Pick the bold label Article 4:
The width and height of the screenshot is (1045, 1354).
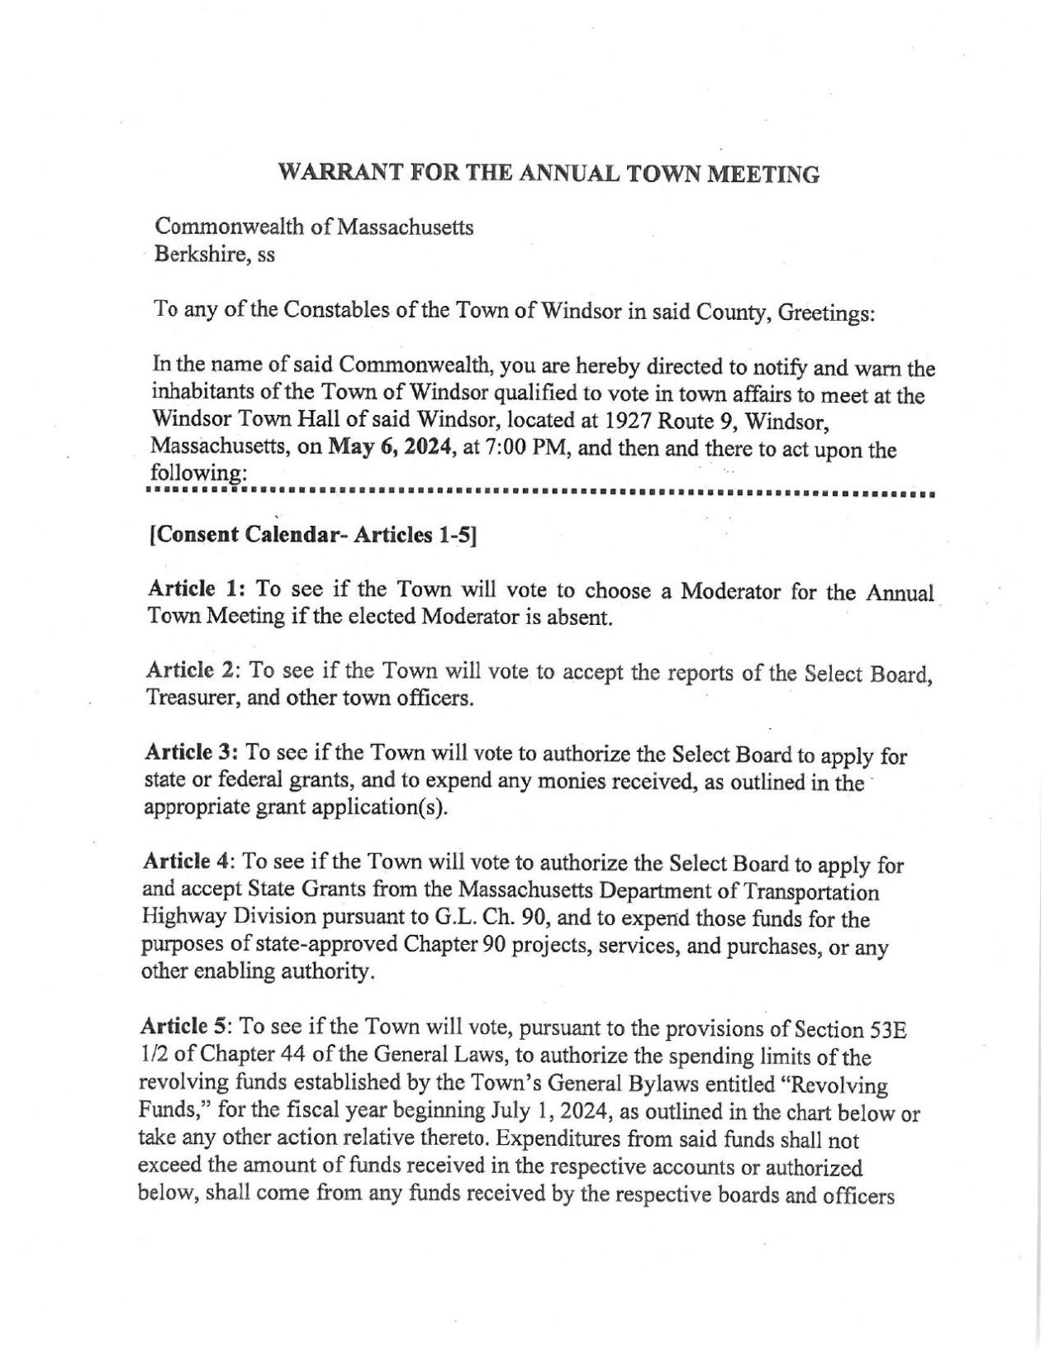coord(191,862)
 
